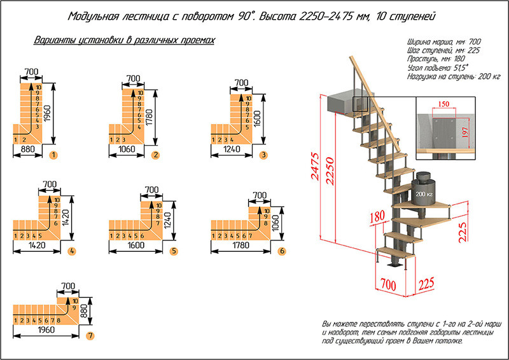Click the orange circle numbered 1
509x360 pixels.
[x=53, y=154]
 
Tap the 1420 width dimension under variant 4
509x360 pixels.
[x=36, y=246]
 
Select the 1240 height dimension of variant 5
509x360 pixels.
[x=167, y=218]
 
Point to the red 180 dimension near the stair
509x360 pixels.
[x=375, y=218]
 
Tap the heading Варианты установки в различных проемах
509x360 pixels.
[x=124, y=40]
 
